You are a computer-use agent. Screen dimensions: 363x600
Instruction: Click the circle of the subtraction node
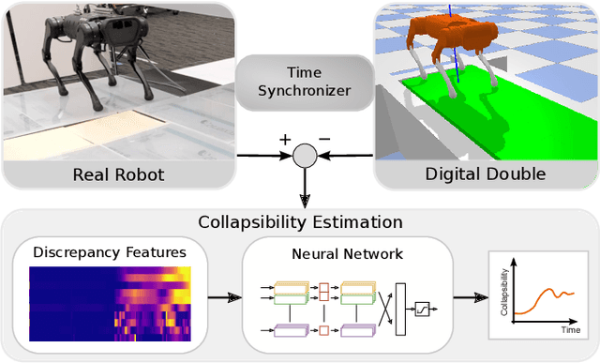point(303,155)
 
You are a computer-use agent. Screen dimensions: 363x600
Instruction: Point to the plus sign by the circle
point(285,141)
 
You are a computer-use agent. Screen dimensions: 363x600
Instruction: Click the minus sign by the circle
point(323,141)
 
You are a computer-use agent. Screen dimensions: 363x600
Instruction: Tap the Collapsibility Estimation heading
point(300,222)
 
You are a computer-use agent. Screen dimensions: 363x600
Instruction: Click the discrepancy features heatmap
point(110,302)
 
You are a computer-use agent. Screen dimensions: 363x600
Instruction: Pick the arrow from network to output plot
point(466,299)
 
